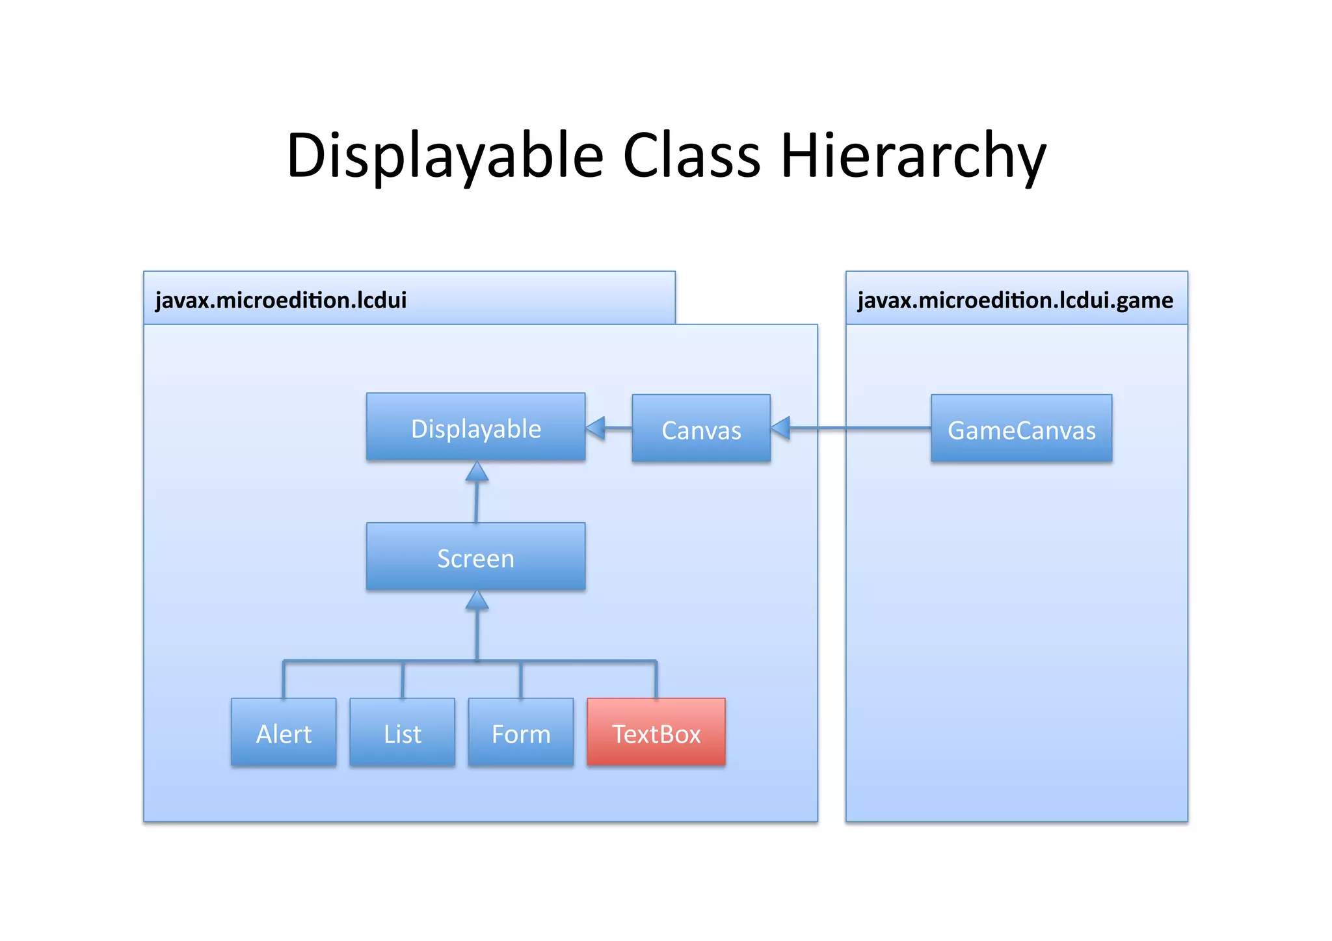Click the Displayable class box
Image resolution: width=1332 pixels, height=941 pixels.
[x=475, y=427]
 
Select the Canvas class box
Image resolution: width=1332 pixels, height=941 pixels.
[x=701, y=429]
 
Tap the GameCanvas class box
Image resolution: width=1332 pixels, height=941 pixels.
[x=1021, y=429]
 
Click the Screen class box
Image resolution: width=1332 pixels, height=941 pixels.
[x=475, y=557]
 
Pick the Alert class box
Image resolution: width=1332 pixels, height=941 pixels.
[x=284, y=732]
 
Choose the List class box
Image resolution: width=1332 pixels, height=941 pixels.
[x=402, y=732]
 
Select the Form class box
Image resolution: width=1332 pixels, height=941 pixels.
[x=520, y=732]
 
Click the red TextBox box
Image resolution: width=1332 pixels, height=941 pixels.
[x=656, y=732]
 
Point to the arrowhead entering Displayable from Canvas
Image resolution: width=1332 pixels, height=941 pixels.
[x=596, y=428]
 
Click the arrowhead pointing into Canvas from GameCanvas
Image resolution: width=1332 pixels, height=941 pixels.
[x=780, y=428]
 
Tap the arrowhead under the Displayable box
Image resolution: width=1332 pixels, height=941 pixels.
[x=477, y=472]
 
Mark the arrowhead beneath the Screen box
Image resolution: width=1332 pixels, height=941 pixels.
[x=477, y=601]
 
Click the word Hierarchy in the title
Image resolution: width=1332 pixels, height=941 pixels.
[x=912, y=156]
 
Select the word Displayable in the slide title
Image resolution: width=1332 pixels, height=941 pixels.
[x=445, y=156]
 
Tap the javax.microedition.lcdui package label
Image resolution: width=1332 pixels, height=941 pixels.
[x=281, y=300]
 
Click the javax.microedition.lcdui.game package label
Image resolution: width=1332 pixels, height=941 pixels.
[x=1015, y=300]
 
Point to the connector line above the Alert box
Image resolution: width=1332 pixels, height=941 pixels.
[x=284, y=680]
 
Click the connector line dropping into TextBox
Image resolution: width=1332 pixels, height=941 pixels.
[x=656, y=680]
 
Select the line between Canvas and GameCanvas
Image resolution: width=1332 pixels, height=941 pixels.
[x=859, y=428]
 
